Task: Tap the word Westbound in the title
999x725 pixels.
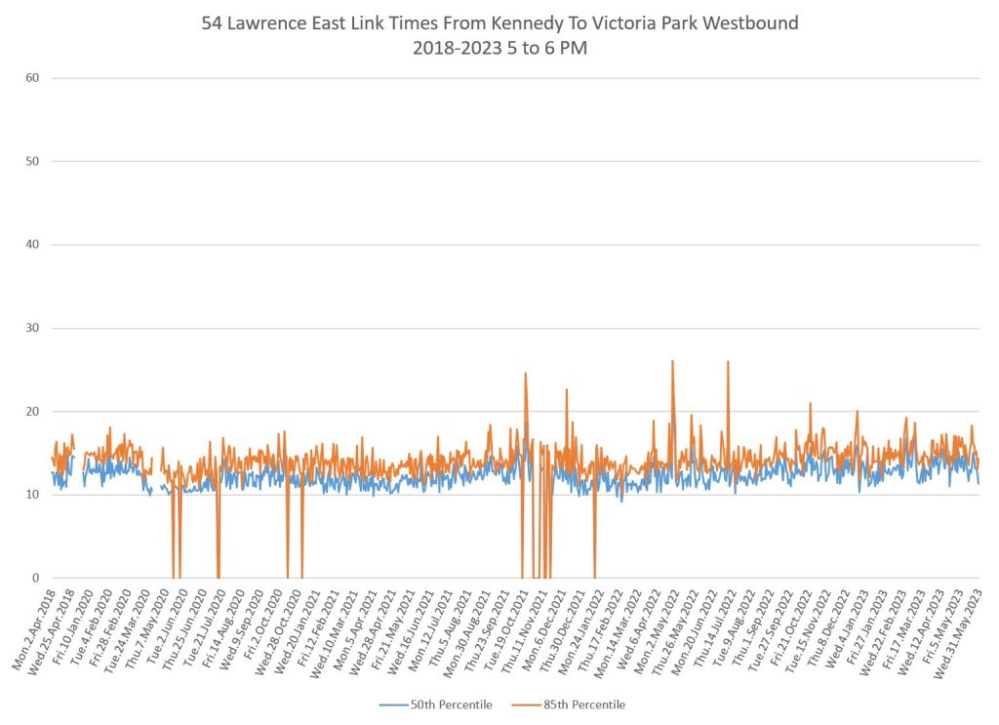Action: tap(749, 22)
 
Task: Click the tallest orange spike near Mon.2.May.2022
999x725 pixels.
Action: tap(672, 361)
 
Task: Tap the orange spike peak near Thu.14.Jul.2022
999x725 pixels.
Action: tap(728, 361)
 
